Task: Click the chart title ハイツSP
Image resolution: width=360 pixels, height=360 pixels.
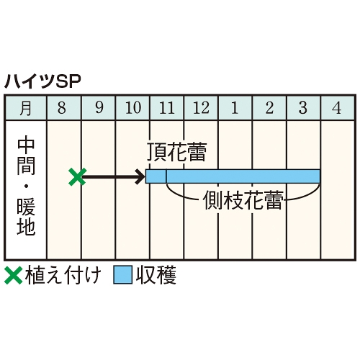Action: point(42,82)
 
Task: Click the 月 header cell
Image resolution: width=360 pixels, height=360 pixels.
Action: point(26,108)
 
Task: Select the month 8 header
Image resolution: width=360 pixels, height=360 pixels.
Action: point(64,108)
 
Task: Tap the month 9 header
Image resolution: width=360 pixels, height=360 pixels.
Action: point(99,108)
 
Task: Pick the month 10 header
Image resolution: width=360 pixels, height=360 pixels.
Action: point(132,108)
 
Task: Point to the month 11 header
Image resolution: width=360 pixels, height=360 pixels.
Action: point(167,108)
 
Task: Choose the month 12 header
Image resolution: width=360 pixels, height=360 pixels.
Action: point(201,108)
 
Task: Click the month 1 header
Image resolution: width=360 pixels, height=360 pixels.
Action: point(235,108)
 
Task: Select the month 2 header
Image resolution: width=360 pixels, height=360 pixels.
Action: point(269,108)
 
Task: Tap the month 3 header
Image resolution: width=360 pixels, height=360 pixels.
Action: point(303,108)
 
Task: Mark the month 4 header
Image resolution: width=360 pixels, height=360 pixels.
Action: point(337,108)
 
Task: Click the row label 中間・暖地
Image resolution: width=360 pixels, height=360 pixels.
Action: point(26,186)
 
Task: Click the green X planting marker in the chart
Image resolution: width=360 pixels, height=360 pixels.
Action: point(77,177)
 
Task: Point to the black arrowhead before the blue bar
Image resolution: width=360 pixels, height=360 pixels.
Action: point(140,177)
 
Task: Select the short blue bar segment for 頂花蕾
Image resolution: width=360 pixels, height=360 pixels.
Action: point(156,176)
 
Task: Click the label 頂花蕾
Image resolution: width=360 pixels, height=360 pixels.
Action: point(176,152)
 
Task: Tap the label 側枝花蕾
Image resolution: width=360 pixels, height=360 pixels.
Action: point(243,200)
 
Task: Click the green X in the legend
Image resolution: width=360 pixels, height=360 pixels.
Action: point(14,275)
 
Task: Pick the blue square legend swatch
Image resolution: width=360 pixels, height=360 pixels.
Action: point(123,275)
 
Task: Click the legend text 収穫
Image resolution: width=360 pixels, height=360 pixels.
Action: point(156,275)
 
